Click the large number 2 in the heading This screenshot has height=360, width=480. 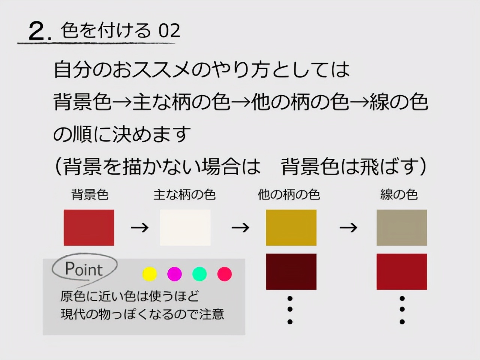point(37,31)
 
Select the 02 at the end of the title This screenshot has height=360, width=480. point(169,31)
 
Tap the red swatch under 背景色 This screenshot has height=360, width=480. point(89,228)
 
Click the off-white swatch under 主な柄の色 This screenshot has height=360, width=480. point(185,228)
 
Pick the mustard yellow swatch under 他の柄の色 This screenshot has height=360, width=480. point(291,228)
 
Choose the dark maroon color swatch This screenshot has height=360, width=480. point(291,272)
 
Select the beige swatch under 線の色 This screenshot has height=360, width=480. point(402,228)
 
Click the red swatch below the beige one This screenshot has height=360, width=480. point(402,272)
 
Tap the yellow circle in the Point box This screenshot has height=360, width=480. point(150,274)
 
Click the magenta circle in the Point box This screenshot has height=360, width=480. point(174,274)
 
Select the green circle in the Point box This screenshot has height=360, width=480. point(199,274)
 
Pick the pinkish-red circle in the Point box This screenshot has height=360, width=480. point(225,274)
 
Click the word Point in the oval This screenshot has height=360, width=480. point(84,269)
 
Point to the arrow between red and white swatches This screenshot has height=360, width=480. point(139,228)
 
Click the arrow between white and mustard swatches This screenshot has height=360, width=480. point(240,228)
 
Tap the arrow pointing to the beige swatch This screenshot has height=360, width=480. point(348,228)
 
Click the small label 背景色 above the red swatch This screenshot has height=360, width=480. point(90,195)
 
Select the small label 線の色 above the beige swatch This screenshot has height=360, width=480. point(399,195)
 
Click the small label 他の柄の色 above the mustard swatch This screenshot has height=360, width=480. point(289,195)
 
